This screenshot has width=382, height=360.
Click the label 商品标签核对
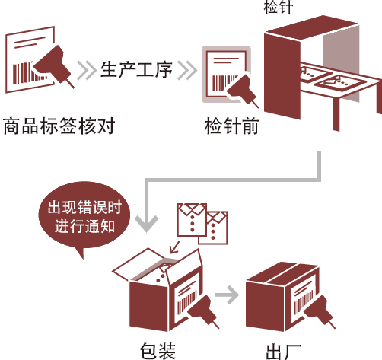click(59, 126)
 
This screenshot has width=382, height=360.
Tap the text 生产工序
click(136, 69)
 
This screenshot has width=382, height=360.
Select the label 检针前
click(231, 126)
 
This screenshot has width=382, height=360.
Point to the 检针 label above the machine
click(279, 6)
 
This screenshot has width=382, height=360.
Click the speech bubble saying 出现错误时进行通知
click(84, 215)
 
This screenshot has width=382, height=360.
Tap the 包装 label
click(158, 351)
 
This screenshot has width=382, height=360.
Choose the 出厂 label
click(284, 352)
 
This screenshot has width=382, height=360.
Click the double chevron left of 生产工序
click(87, 70)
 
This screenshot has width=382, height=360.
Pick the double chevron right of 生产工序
click(187, 70)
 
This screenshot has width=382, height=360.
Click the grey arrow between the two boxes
click(227, 295)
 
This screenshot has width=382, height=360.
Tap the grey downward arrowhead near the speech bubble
click(147, 223)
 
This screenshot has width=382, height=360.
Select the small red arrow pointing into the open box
click(175, 247)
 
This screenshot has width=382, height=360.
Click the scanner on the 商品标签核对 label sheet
click(54, 66)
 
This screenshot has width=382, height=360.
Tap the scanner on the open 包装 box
click(203, 311)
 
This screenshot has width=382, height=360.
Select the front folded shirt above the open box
click(192, 220)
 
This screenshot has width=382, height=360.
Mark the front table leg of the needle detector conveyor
click(336, 114)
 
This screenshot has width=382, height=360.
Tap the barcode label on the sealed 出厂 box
click(303, 299)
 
